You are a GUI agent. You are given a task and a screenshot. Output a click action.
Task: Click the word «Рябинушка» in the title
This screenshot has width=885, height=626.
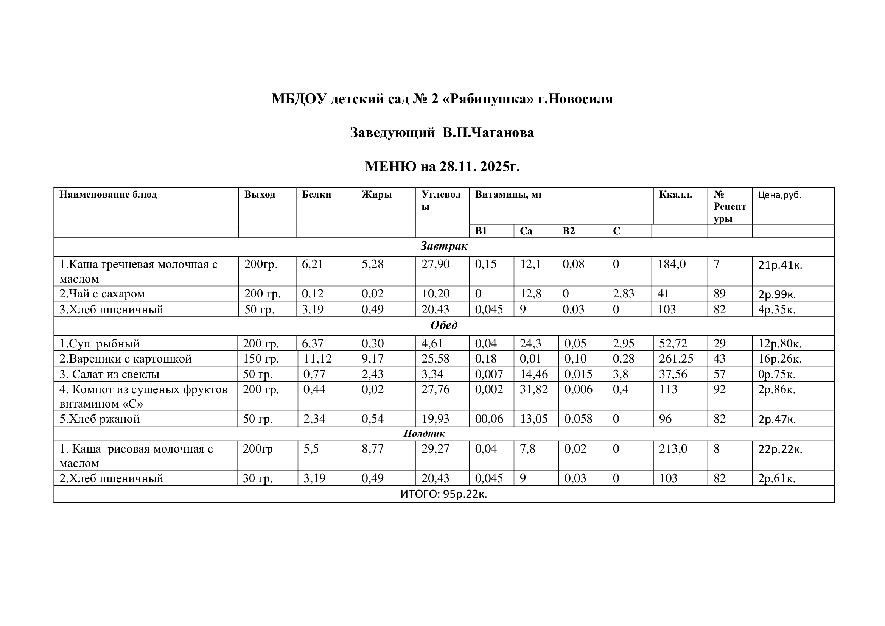[489, 99]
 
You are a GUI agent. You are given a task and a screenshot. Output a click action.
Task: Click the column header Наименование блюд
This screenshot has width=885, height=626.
[108, 194]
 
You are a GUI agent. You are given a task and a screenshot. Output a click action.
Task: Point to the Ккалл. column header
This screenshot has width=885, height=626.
[675, 194]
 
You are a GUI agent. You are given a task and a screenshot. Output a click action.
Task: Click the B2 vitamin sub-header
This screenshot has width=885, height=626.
[569, 231]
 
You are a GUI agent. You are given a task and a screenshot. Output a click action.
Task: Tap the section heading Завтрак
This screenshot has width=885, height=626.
[444, 246]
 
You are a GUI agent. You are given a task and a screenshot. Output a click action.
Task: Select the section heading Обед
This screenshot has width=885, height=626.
[444, 325]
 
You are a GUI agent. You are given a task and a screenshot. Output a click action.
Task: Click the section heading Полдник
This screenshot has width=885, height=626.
[424, 434]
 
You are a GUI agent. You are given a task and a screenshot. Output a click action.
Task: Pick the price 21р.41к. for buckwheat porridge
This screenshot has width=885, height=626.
[780, 265]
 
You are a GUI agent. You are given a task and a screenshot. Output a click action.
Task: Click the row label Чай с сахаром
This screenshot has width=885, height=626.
[102, 294]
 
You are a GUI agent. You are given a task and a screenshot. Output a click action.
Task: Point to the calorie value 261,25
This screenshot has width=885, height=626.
[676, 359]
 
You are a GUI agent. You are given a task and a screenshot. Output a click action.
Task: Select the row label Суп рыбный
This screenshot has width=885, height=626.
[100, 343]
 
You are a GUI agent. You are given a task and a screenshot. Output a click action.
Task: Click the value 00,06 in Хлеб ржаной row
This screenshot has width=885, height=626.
[489, 419]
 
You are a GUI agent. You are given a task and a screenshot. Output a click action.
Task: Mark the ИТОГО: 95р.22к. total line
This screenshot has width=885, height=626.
[444, 494]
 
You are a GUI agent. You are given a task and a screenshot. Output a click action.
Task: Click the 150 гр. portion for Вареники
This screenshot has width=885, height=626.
[261, 359]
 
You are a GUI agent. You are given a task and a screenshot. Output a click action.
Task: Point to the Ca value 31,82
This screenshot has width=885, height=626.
[534, 389]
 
